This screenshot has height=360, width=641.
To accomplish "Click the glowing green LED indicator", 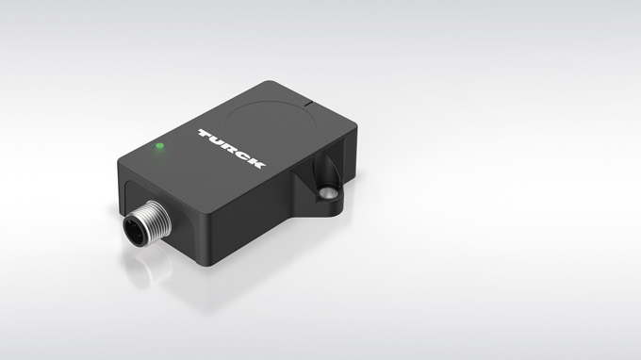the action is pos(160,145).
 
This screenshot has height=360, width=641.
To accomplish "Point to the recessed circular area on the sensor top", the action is pos(269,124).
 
